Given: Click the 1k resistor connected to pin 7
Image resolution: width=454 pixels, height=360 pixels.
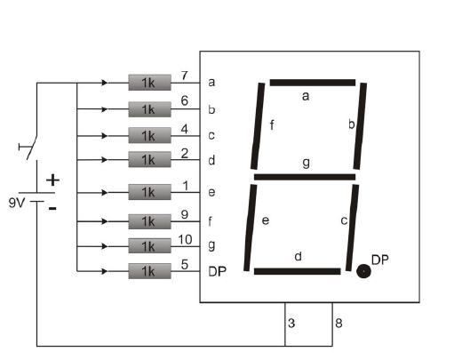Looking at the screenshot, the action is (149, 83).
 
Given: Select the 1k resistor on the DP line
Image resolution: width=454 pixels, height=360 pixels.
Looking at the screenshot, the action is (149, 271).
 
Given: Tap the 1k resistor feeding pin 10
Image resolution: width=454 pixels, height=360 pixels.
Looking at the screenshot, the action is (149, 246).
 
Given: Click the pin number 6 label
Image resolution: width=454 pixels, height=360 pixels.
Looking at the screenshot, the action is (185, 100).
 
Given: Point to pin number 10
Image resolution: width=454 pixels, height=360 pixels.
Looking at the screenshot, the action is (185, 239).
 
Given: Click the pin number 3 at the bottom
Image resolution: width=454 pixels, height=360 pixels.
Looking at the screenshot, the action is (291, 323).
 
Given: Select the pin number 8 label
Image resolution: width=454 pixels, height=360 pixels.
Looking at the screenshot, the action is (339, 323).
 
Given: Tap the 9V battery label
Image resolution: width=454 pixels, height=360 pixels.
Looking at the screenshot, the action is (17, 203).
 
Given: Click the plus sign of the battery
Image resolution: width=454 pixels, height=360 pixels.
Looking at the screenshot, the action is (52, 180).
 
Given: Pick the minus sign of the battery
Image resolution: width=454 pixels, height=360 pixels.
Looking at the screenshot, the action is (52, 209).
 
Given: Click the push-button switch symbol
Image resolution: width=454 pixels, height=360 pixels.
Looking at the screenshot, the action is (29, 148).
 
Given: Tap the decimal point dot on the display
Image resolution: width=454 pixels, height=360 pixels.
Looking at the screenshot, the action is (363, 271).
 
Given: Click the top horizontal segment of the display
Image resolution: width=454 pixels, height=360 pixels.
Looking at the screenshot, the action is (313, 83).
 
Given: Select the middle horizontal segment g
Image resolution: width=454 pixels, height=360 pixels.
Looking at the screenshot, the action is (305, 177).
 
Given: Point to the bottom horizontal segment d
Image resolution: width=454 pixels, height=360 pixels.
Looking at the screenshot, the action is (298, 271).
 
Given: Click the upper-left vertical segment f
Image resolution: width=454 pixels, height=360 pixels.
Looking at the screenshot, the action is (258, 126).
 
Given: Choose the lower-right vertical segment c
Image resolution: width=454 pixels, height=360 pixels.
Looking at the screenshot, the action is (352, 228).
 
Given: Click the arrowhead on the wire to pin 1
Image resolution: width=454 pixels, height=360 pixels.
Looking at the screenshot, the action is (105, 193).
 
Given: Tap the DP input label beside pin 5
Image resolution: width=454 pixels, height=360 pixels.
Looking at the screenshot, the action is (218, 271).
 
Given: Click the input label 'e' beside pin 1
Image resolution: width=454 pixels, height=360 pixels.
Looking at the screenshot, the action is (211, 193).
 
